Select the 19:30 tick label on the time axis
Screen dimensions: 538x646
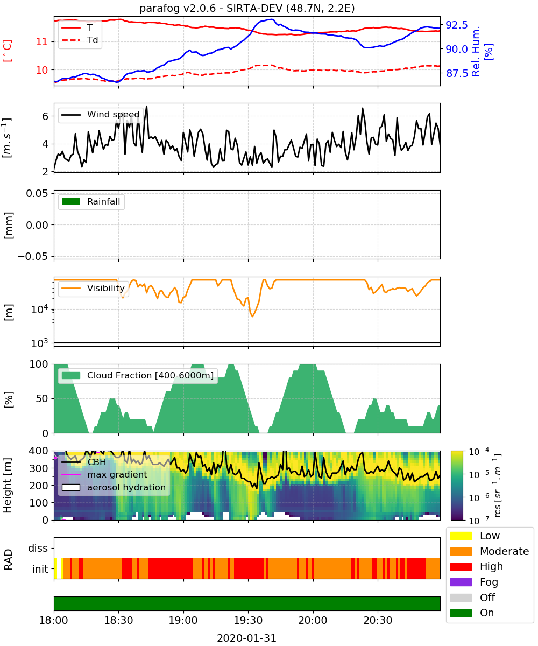(248, 620)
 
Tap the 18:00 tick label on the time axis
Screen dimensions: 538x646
(53, 620)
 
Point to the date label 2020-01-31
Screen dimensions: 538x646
(246, 638)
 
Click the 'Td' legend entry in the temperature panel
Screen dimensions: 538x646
(80, 40)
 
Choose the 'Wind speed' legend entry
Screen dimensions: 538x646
(101, 115)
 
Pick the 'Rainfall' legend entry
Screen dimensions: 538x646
(91, 201)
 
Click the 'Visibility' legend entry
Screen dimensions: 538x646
(93, 288)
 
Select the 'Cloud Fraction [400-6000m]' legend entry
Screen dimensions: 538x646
(138, 375)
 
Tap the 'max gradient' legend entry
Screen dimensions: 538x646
(104, 474)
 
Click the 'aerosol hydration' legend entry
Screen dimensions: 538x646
(114, 487)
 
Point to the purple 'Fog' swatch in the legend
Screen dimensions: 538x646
(461, 582)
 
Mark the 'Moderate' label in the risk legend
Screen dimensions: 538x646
(504, 551)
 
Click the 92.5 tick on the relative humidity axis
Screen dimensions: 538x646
(457, 25)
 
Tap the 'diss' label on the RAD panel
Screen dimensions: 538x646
(38, 548)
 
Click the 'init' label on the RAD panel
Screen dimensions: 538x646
(40, 569)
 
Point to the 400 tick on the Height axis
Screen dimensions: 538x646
(39, 451)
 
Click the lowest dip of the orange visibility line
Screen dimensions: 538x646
(252, 316)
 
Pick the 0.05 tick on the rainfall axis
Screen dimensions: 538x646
(37, 193)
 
